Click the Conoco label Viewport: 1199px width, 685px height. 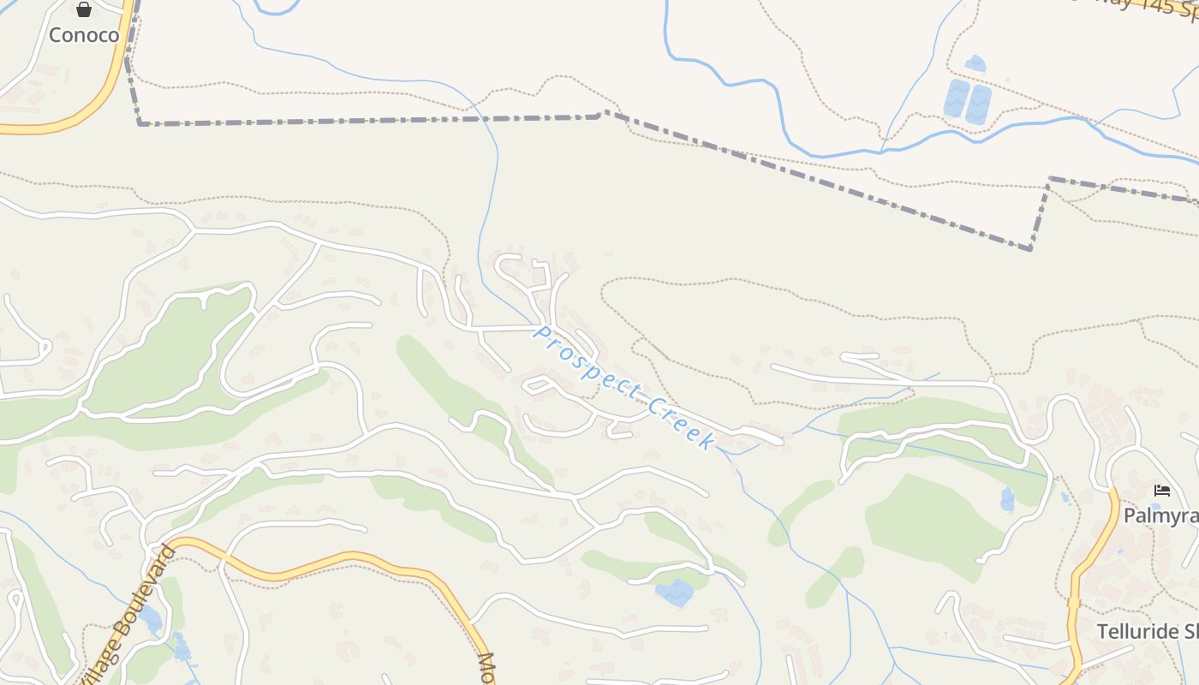[83, 35]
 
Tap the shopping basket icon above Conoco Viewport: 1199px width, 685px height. [83, 10]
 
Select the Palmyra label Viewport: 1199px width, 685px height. [1160, 515]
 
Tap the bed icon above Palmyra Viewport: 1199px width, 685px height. [1161, 491]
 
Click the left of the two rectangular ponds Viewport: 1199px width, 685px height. [956, 99]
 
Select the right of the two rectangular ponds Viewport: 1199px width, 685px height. [978, 104]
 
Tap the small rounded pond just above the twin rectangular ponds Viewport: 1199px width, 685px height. [975, 63]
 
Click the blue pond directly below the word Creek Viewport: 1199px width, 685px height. [675, 592]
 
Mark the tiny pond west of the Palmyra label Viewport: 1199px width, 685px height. [1007, 499]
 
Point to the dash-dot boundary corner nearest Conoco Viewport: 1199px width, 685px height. [140, 123]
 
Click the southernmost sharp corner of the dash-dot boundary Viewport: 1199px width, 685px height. [1030, 248]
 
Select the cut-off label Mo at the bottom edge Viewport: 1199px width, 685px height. [486, 668]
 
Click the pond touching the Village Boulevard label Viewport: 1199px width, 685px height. [151, 617]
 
